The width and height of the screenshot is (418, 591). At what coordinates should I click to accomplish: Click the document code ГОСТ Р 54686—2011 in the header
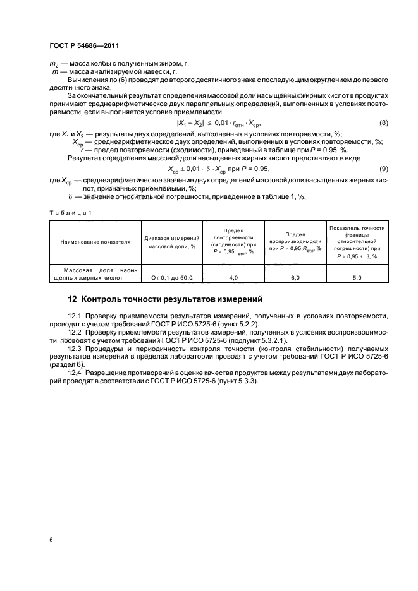click(x=84, y=45)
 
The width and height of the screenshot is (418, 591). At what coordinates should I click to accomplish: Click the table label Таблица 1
click(x=70, y=212)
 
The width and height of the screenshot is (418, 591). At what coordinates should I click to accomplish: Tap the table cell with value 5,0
click(x=357, y=277)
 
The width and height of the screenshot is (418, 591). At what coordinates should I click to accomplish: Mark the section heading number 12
click(x=72, y=299)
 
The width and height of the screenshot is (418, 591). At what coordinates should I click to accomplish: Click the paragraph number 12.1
click(x=75, y=314)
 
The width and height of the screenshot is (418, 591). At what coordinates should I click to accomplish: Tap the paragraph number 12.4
click(x=75, y=373)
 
